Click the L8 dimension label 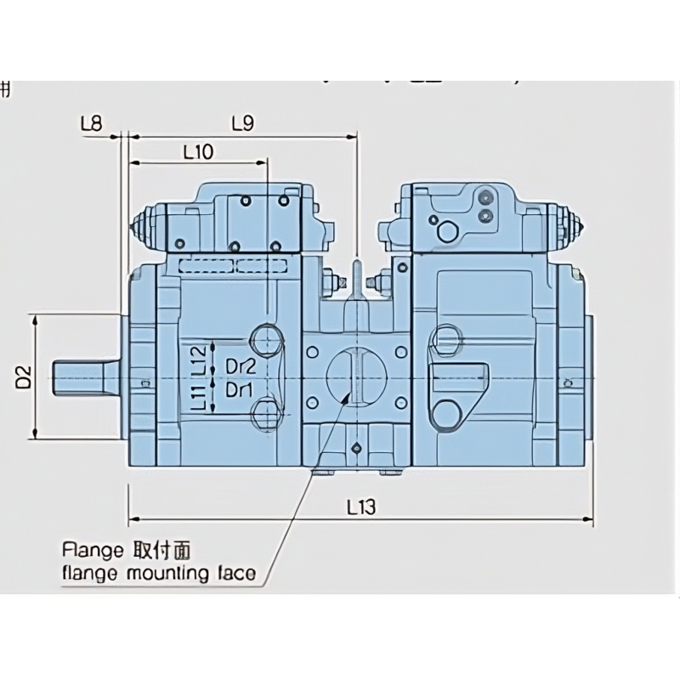(x=92, y=124)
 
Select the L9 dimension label (x=242, y=124)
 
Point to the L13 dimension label (x=361, y=507)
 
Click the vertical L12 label (x=197, y=360)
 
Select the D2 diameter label (x=24, y=377)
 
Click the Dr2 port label (x=241, y=367)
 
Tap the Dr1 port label (x=241, y=390)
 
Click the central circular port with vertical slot (x=356, y=375)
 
